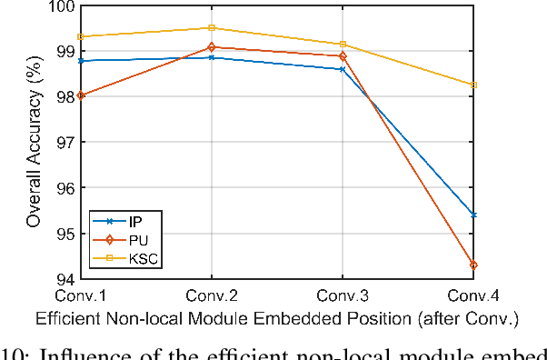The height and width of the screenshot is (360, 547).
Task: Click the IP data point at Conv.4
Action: click(x=472, y=215)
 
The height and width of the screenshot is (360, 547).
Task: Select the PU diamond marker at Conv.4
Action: click(x=472, y=265)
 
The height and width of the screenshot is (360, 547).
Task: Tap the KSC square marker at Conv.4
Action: click(x=472, y=85)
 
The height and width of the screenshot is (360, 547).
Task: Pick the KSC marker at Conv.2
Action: click(x=212, y=28)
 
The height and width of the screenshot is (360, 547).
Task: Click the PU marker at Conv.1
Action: click(x=81, y=95)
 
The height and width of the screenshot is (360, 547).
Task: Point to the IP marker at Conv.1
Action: click(x=81, y=61)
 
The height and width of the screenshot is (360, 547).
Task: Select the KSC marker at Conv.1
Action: click(x=81, y=37)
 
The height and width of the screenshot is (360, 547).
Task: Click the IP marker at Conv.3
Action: click(x=343, y=69)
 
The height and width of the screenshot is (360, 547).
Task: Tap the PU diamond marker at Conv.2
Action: click(x=212, y=46)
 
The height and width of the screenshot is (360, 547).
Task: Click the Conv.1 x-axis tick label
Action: click(x=81, y=295)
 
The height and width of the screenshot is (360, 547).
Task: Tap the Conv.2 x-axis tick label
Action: click(x=212, y=295)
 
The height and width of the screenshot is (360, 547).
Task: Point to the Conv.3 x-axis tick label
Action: click(x=343, y=295)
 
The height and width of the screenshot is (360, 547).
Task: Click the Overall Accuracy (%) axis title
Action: click(x=33, y=142)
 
